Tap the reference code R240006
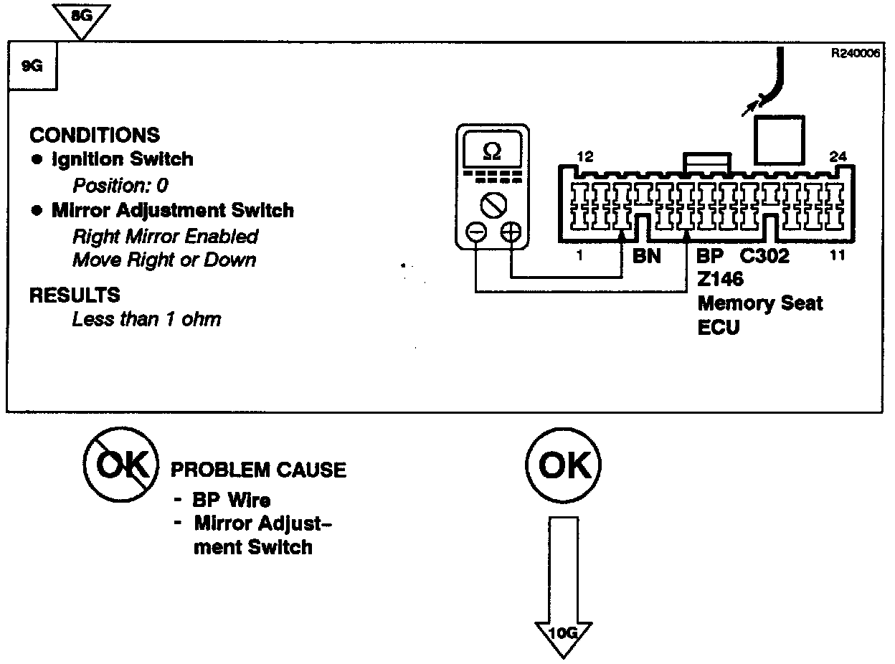[855, 52]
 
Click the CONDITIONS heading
[95, 135]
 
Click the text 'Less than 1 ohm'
[146, 319]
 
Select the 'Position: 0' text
[120, 186]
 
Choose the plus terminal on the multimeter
[510, 232]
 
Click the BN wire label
[646, 255]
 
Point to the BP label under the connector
[711, 255]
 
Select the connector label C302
[764, 255]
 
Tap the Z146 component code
[720, 279]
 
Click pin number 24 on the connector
[838, 156]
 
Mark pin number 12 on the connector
[584, 156]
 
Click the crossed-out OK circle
[120, 467]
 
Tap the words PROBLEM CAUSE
[258, 470]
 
